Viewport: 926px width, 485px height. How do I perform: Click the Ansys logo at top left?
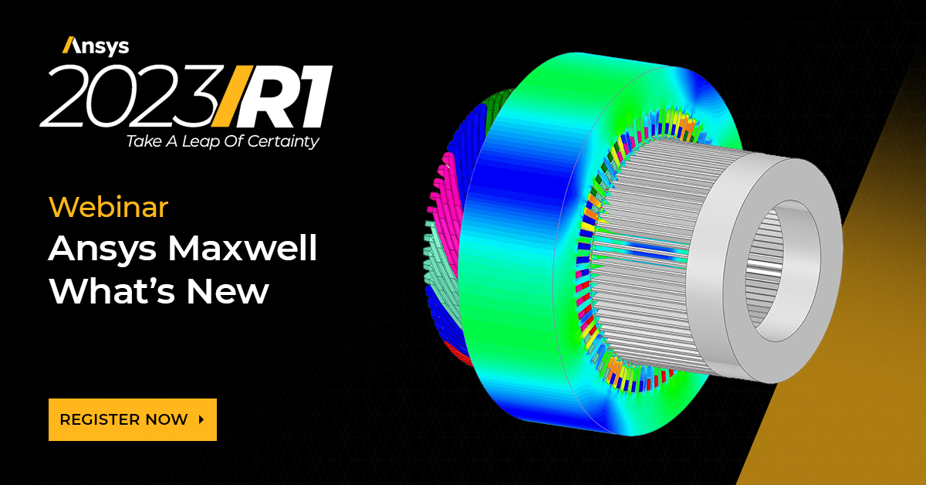[95, 46]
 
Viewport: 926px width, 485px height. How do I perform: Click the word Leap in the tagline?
[201, 142]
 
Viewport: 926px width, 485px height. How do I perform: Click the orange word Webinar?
[108, 207]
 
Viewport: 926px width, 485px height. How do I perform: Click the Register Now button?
[132, 419]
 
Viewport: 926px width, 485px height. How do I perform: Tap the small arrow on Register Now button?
[201, 419]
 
